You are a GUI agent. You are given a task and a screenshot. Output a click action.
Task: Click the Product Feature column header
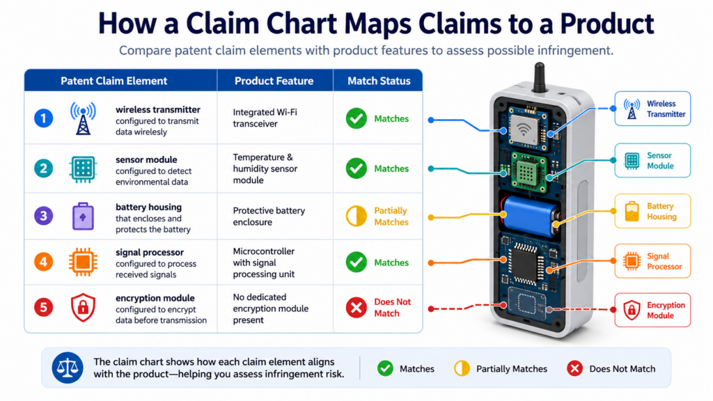274,81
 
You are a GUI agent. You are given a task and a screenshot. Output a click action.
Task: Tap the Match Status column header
379,81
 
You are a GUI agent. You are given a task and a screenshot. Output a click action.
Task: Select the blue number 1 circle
44,118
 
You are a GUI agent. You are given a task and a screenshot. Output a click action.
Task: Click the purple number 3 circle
44,216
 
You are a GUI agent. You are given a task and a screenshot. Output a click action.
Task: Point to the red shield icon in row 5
83,307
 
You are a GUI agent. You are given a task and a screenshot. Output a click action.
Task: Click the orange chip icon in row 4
83,262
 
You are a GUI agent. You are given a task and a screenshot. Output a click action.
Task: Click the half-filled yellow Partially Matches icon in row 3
356,216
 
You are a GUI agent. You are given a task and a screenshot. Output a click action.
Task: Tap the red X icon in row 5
356,307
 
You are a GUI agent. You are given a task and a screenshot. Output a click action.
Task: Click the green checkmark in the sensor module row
356,168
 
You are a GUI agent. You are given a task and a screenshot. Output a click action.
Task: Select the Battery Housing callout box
652,211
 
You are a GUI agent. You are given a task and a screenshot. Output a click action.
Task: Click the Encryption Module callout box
652,310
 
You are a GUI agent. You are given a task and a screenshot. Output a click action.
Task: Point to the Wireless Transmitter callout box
652,109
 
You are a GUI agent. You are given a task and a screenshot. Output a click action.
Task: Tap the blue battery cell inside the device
531,216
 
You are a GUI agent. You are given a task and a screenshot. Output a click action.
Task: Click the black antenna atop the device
540,77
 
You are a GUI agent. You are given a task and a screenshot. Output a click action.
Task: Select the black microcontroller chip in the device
526,264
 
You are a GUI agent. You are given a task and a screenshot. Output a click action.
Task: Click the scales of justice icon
68,368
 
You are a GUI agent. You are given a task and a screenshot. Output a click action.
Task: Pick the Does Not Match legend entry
611,369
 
